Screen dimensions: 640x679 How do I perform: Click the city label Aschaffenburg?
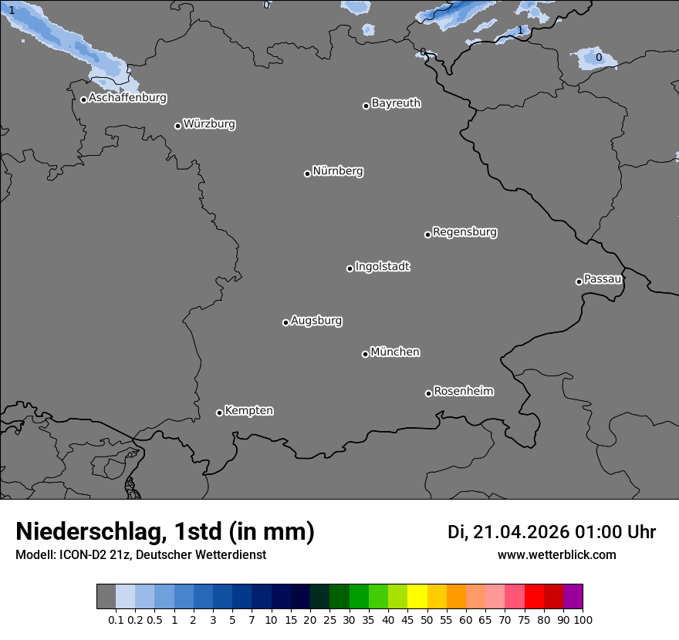tap(127, 98)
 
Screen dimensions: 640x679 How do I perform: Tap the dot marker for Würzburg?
tap(177, 126)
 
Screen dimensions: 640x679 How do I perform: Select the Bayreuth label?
tap(396, 103)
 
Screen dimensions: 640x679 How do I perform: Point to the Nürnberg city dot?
tap(307, 173)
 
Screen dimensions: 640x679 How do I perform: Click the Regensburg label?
tap(464, 231)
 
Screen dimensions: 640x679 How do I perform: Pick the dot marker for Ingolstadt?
tap(350, 268)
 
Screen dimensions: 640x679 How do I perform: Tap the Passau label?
tap(603, 278)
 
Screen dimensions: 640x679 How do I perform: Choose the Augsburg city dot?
tap(285, 322)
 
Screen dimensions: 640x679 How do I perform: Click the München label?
tap(395, 352)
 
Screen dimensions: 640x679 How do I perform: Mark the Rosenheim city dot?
tap(428, 394)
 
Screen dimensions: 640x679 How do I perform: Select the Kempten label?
tap(248, 410)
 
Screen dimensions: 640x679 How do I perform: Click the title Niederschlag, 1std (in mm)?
tap(165, 532)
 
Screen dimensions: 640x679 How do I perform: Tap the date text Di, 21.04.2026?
tap(508, 532)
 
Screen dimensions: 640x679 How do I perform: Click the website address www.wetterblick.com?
tap(557, 554)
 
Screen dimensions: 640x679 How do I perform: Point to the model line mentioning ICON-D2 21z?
tap(140, 554)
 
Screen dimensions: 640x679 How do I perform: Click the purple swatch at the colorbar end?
tap(573, 597)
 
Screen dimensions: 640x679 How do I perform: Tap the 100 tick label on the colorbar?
tap(583, 619)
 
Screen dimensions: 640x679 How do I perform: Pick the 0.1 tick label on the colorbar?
tap(116, 619)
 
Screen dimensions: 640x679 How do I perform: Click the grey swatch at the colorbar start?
tap(106, 597)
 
